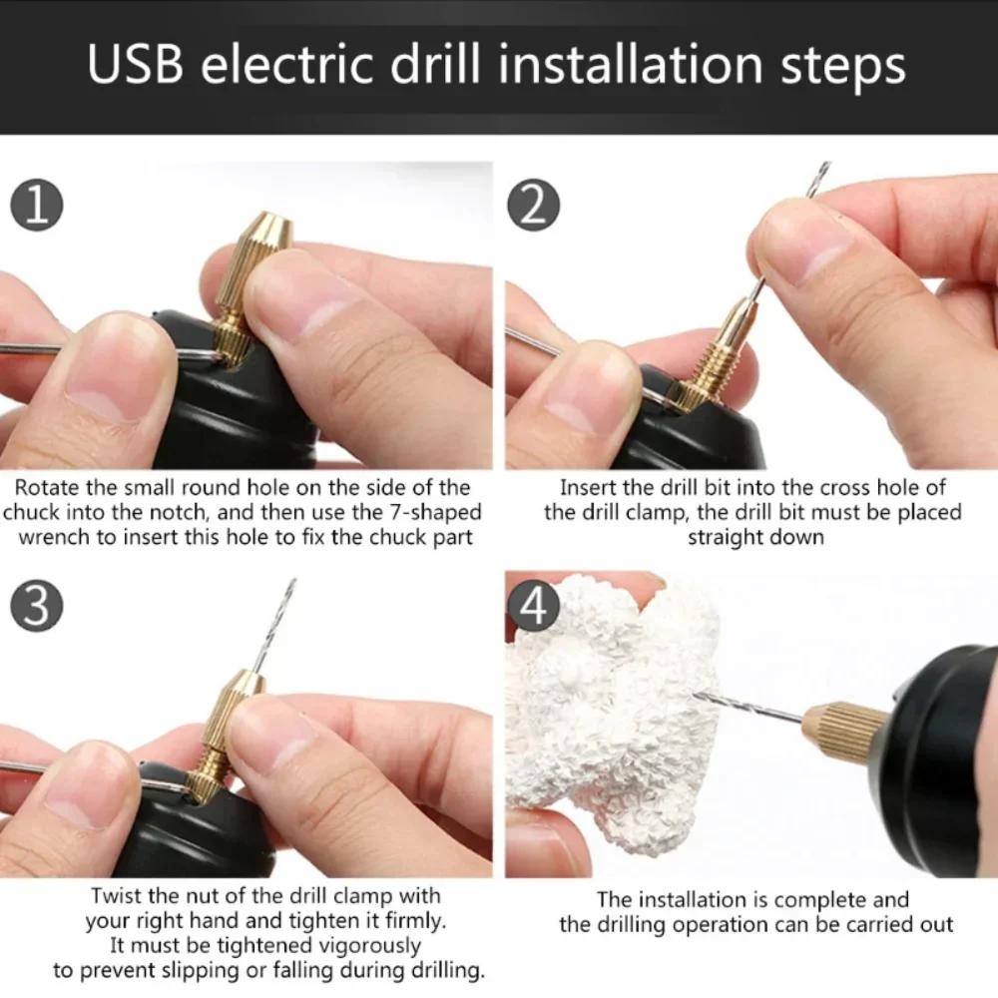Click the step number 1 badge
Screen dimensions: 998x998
coord(36,207)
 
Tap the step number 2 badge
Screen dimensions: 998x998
coord(534,207)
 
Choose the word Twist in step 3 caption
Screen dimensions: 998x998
coord(117,894)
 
